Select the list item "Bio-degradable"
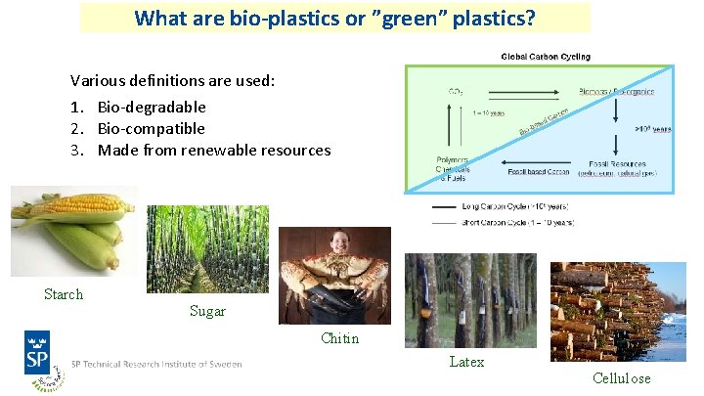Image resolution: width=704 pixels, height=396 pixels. pos(151,107)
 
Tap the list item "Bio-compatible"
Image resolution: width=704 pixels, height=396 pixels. pos(151,128)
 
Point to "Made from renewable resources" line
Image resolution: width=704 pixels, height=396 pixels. pos(213,150)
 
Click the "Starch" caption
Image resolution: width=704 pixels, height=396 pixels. pos(64,294)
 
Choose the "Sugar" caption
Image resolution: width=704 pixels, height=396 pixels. pos(207,311)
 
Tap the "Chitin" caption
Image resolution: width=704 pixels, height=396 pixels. pos(339,338)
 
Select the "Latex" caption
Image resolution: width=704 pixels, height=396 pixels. pos(466,362)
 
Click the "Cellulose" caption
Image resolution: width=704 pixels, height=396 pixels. pos(621,378)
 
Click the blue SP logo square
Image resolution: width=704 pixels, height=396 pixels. pos(38,351)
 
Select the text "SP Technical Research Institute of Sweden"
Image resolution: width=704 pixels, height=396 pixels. pos(156,363)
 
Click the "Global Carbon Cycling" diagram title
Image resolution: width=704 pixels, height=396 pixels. pos(546,57)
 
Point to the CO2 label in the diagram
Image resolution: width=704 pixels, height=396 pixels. pos(455,92)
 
